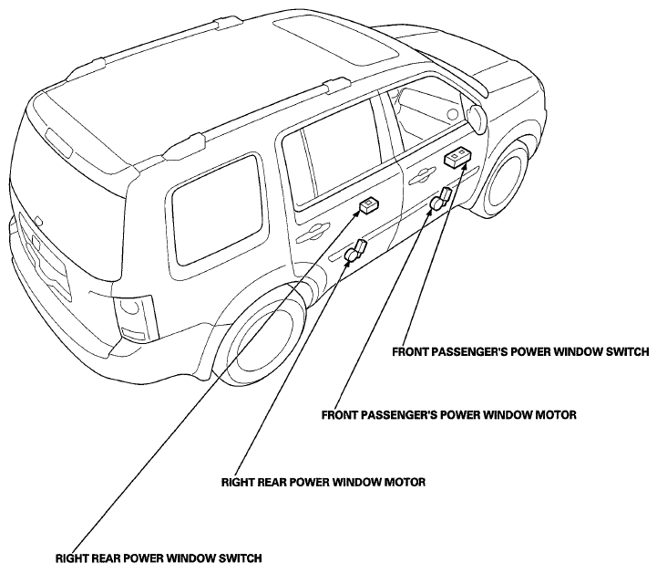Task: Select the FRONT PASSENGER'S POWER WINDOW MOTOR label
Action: tap(449, 415)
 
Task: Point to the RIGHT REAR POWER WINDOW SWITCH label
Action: tap(159, 556)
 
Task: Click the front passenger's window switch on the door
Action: tap(457, 161)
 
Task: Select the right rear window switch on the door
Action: tap(370, 204)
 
